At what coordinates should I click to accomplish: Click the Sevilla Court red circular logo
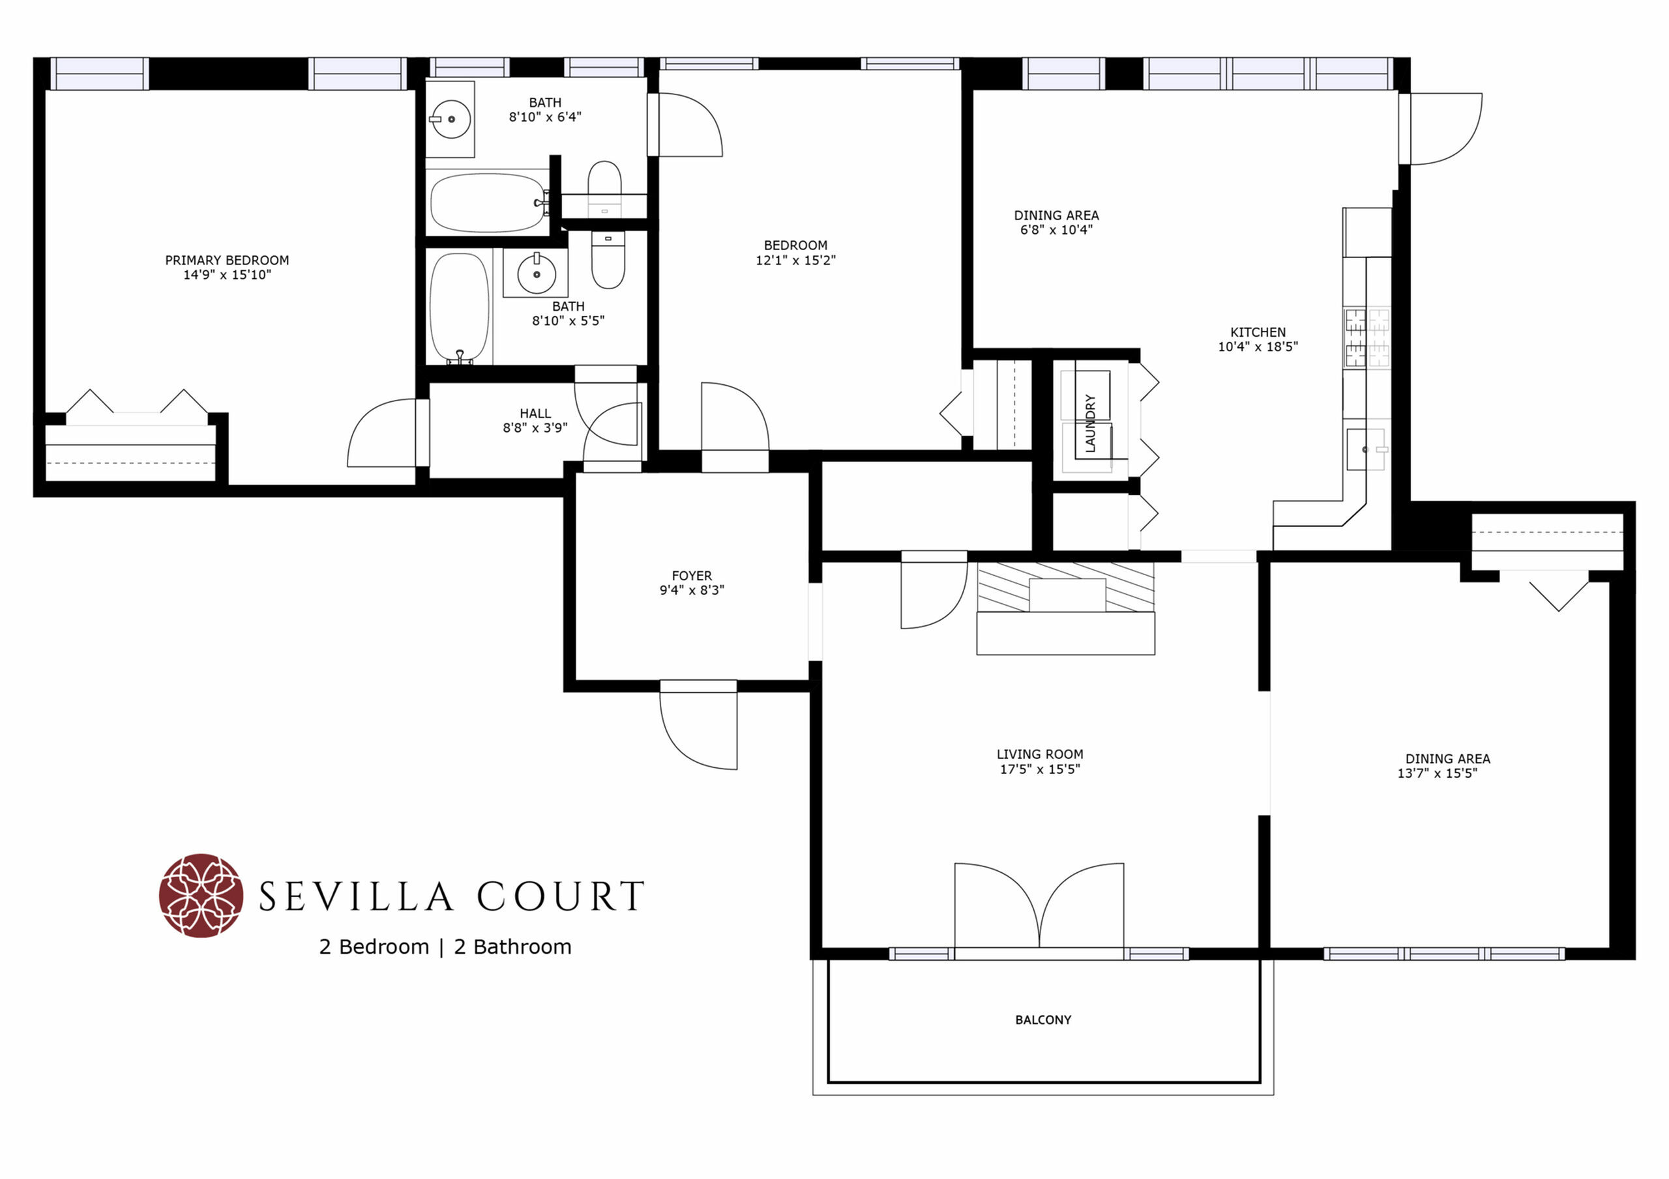[x=201, y=895]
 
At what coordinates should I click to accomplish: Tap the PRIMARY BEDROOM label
[x=227, y=260]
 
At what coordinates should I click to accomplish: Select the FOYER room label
[x=691, y=575]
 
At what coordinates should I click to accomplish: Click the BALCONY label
[x=1043, y=1020]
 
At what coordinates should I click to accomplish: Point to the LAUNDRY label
[x=1089, y=423]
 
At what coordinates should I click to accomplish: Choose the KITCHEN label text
[x=1258, y=332]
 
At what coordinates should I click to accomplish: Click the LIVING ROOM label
[x=1039, y=754]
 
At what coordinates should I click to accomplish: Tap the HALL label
[x=535, y=414]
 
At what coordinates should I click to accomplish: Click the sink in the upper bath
[x=450, y=119]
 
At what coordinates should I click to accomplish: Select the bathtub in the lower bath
[x=460, y=308]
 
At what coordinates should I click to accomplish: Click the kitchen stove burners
[x=1367, y=338]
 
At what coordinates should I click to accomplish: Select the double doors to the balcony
[x=1039, y=905]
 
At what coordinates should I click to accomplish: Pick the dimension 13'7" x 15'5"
[x=1437, y=773]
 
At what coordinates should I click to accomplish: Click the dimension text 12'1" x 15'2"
[x=795, y=260]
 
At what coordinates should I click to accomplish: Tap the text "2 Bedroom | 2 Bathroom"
[x=445, y=947]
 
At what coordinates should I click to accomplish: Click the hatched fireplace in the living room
[x=1066, y=587]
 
